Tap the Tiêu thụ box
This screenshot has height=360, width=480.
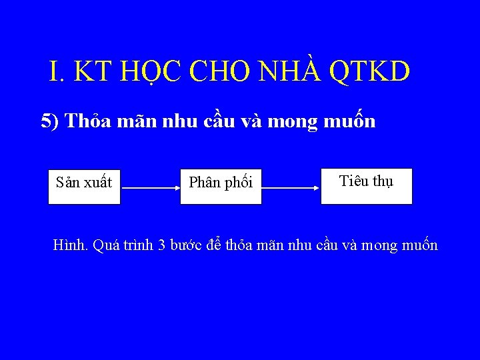366,185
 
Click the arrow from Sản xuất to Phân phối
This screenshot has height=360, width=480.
150,189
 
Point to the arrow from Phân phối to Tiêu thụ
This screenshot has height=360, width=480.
291,189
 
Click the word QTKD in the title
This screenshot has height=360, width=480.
370,72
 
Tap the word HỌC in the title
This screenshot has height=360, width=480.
153,72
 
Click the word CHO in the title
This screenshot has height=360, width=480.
216,72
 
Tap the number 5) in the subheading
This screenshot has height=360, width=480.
51,121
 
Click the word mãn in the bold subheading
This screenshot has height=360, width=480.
141,121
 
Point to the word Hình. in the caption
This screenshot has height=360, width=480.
71,245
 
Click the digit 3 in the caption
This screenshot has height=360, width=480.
161,245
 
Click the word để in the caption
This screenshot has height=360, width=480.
215,245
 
